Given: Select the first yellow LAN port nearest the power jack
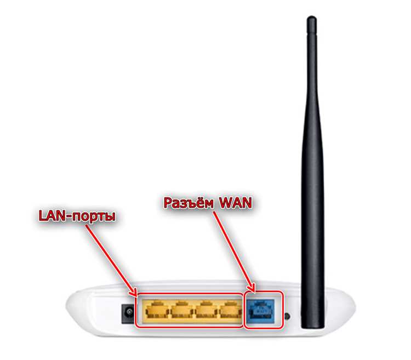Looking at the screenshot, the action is pyautogui.click(x=157, y=311).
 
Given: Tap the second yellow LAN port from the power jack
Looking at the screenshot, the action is pyautogui.click(x=181, y=311).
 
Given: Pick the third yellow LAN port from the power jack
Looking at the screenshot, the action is pyautogui.click(x=206, y=311).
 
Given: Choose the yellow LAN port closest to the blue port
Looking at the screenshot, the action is pyautogui.click(x=230, y=311).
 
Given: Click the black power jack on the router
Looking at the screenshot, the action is pyautogui.click(x=128, y=312).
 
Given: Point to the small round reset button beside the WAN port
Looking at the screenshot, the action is pyautogui.click(x=288, y=316).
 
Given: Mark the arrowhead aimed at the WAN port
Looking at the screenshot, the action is pyautogui.click(x=252, y=287).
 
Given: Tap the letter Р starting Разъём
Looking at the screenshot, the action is pyautogui.click(x=169, y=203).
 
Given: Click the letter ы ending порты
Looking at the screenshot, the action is pyautogui.click(x=111, y=218).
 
